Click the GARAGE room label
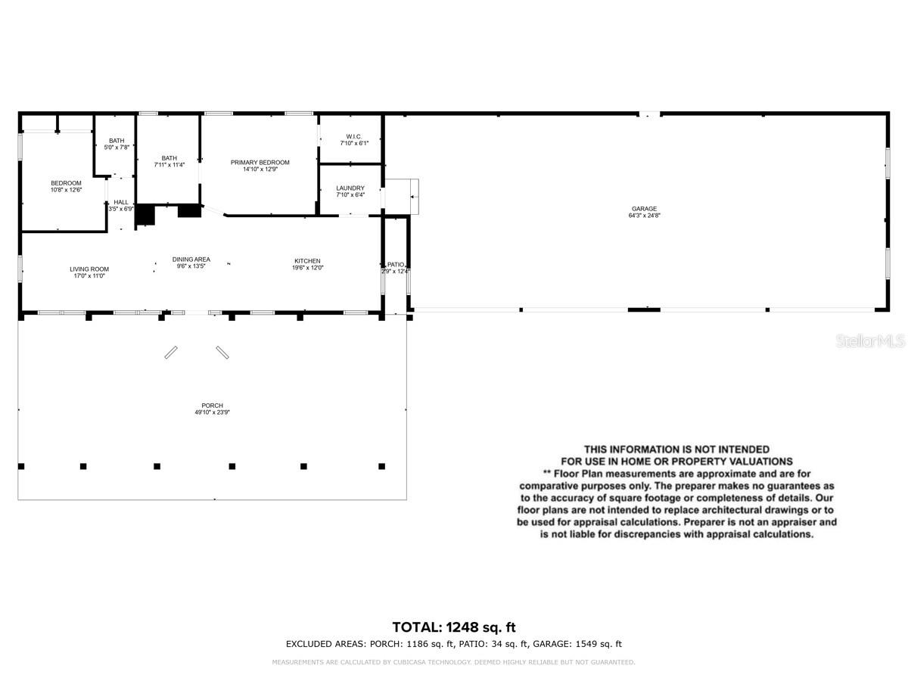point(645,209)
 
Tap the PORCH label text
point(213,406)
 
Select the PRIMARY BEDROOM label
point(260,163)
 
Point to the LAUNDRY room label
point(350,188)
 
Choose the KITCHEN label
point(307,261)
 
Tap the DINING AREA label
point(191,259)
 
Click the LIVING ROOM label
point(89,269)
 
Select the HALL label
point(121,202)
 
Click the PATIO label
point(396,265)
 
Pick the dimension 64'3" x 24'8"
point(645,216)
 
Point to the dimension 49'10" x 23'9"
point(213,412)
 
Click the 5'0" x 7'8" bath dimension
point(117,147)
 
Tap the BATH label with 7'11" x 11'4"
point(169,157)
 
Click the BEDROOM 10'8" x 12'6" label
point(66,183)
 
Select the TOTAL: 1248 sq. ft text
point(454,627)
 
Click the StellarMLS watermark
point(870,341)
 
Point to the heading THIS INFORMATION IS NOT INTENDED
point(676,449)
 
